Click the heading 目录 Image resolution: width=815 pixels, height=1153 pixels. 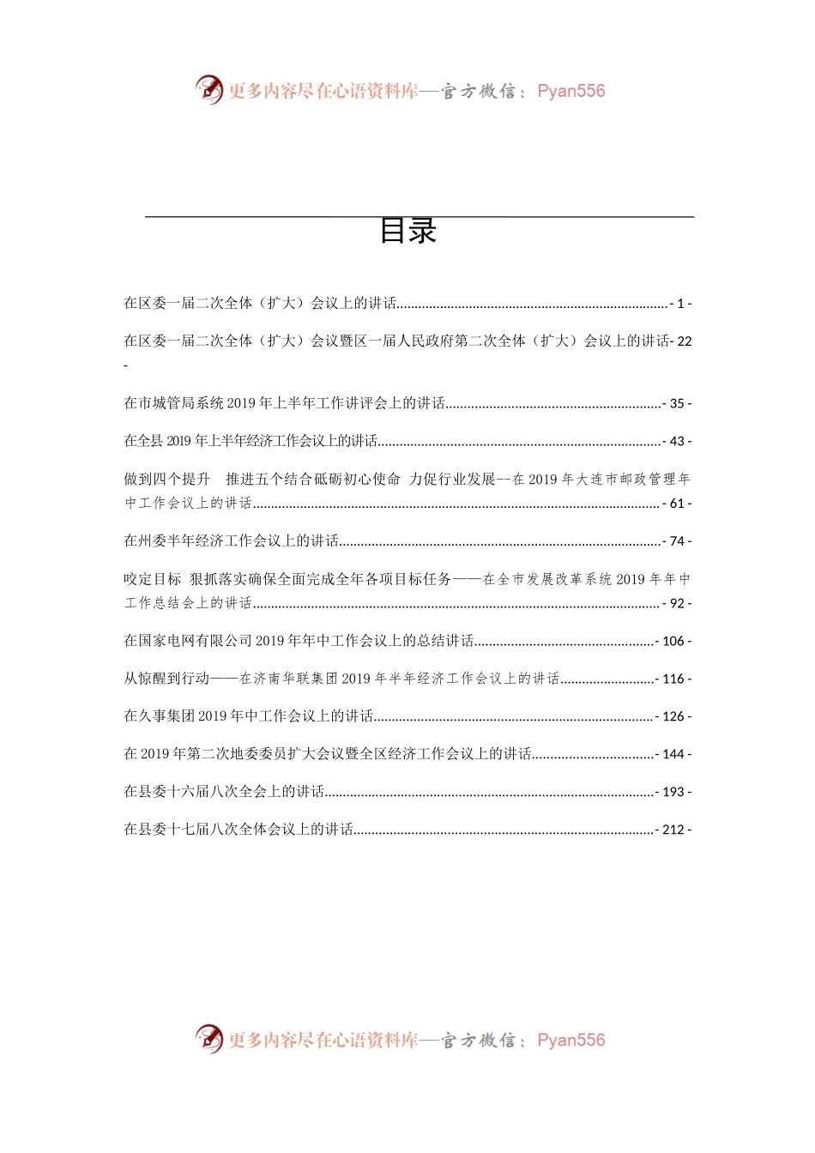tap(408, 231)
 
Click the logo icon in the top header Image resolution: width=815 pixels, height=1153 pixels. tap(208, 89)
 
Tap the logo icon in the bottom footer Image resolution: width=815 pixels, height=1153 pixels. tap(208, 1039)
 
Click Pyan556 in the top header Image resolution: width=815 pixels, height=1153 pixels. tap(570, 91)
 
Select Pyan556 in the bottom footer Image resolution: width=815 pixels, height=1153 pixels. tap(570, 1040)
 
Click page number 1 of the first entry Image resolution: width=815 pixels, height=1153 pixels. tap(680, 304)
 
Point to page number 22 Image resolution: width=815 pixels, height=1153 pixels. tap(684, 341)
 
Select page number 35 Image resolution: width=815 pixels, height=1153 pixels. tap(677, 403)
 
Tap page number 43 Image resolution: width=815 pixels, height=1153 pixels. tap(677, 441)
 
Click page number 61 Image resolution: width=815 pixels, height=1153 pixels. tap(677, 504)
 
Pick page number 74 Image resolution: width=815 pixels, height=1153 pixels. tap(677, 541)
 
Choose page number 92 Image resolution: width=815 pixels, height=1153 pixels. tap(677, 604)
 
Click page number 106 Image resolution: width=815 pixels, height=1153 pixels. tap(673, 642)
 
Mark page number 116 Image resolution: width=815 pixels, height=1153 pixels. tap(673, 679)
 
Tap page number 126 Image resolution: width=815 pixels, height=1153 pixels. tap(673, 716)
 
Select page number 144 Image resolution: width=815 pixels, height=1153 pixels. tap(673, 754)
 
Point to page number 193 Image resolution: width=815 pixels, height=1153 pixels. tap(673, 792)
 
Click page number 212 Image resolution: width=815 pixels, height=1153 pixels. tap(673, 830)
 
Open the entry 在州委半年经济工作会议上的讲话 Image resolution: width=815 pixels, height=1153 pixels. tap(232, 541)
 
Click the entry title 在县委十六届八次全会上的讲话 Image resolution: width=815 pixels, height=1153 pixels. tap(224, 792)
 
